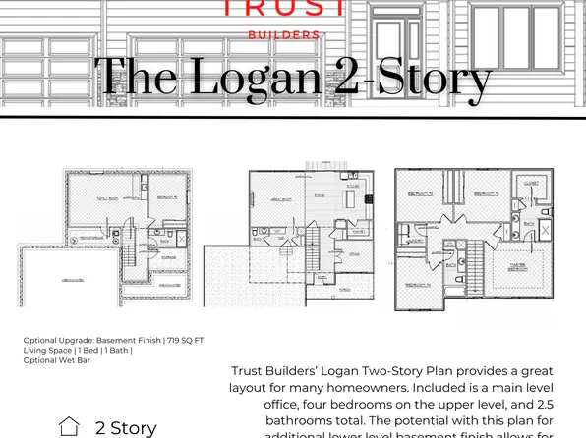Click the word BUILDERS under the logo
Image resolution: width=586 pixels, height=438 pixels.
click(283, 34)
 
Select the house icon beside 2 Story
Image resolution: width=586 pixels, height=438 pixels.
click(69, 426)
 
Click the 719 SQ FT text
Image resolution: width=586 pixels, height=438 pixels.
click(184, 341)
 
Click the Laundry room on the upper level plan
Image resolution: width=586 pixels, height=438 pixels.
click(414, 239)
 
